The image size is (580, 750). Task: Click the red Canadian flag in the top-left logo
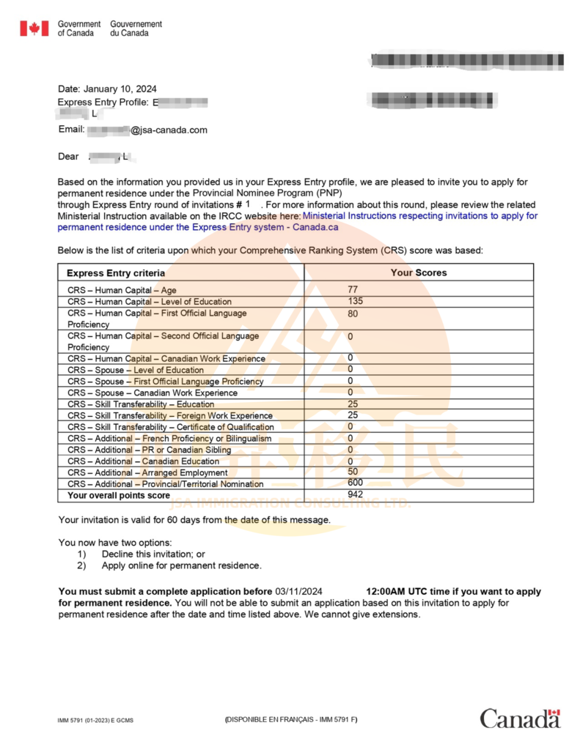[x=34, y=29]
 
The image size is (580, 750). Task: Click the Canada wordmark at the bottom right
[x=520, y=719]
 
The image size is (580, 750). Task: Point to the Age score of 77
[x=353, y=290]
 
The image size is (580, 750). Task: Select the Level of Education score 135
[x=355, y=301]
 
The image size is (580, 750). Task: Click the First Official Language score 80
[x=353, y=313]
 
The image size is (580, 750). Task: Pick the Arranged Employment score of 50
[x=353, y=472]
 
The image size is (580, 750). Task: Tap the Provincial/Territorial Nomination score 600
[x=355, y=483]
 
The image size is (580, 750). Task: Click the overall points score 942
[x=355, y=495]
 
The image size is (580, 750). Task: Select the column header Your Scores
[x=418, y=272]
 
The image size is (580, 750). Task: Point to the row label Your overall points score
[x=119, y=496]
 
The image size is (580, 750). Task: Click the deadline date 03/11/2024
[x=298, y=591]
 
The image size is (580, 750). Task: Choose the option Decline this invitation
[x=153, y=554]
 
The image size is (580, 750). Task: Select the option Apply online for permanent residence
[x=181, y=565]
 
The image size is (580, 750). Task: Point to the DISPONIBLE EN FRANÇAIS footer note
[x=291, y=719]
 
